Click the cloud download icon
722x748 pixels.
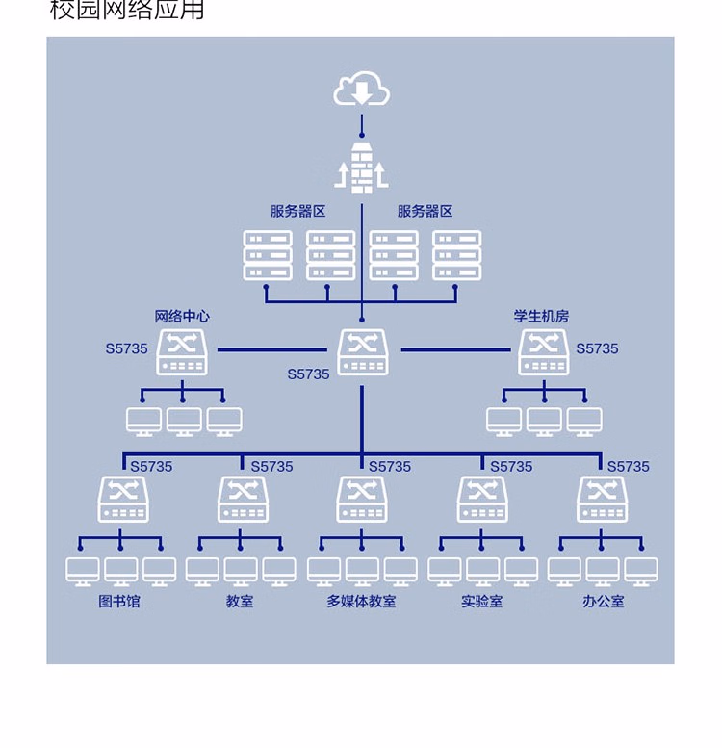coord(361,89)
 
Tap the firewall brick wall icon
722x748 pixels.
coord(361,169)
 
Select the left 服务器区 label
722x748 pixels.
coord(298,212)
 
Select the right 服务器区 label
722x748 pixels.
coord(425,212)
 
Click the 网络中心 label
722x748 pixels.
coord(182,316)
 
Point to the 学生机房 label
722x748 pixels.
coord(541,316)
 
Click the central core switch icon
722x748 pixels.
coord(362,352)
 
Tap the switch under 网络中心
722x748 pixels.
coord(182,352)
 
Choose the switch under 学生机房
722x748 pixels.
coord(544,352)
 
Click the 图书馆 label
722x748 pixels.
coord(119,601)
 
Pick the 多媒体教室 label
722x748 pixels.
coord(361,601)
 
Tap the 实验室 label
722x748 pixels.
coord(481,601)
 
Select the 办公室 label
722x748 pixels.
coord(604,601)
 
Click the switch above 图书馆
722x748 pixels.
coord(123,500)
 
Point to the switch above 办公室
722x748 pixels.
coord(603,500)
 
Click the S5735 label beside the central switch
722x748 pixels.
coord(308,374)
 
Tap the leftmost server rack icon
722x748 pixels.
coord(268,255)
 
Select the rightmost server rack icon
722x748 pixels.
coord(457,255)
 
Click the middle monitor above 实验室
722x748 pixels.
coord(482,572)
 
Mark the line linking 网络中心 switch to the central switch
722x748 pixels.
coord(272,349)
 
